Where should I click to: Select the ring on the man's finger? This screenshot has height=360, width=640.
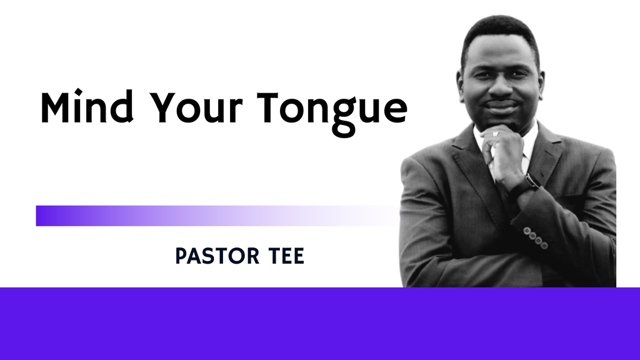(x=496, y=134)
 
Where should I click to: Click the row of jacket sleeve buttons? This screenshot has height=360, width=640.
(x=534, y=238)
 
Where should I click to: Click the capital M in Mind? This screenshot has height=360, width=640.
(x=55, y=107)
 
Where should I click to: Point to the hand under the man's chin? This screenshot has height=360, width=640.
(x=503, y=150)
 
